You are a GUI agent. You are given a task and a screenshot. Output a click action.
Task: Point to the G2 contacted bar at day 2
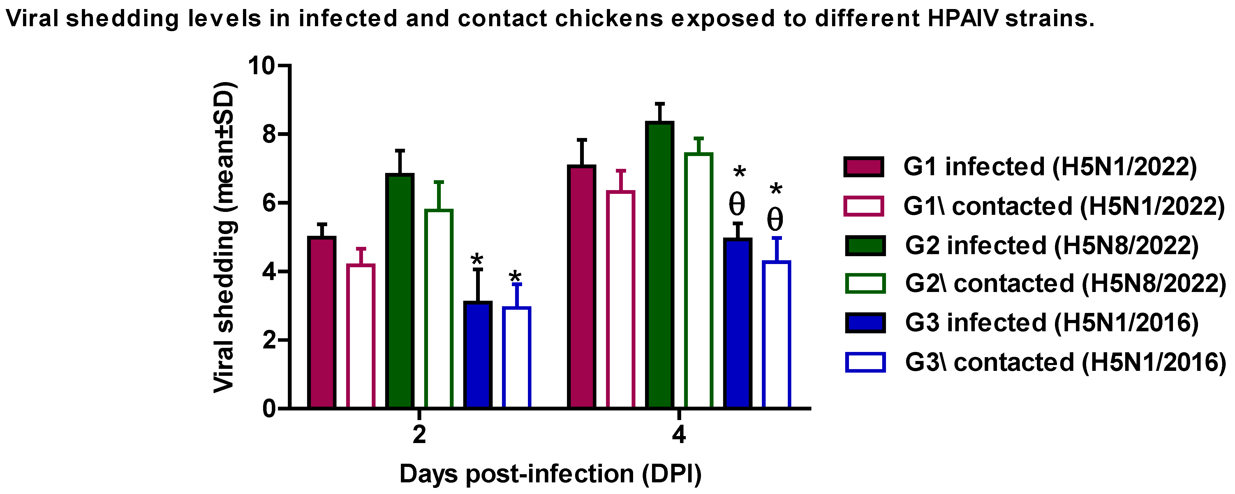pyautogui.click(x=439, y=309)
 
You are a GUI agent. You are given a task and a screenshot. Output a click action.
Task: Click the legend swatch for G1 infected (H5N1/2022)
pyautogui.click(x=864, y=167)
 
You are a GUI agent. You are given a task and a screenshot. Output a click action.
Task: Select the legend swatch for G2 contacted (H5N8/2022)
pyautogui.click(x=865, y=283)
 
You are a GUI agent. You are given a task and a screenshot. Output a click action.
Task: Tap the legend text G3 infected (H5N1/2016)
pyautogui.click(x=1052, y=323)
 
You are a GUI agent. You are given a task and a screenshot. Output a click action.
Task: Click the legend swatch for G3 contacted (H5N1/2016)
pyautogui.click(x=865, y=362)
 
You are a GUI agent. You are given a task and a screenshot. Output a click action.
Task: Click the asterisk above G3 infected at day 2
pyautogui.click(x=477, y=260)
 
